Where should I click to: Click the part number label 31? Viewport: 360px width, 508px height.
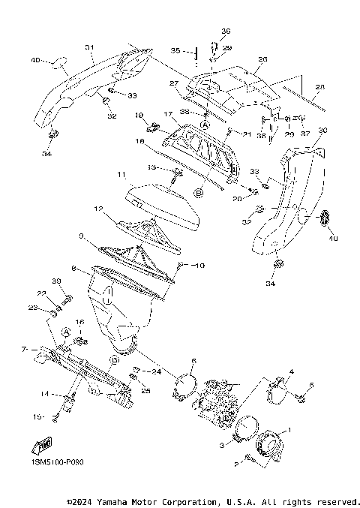[x=89, y=47]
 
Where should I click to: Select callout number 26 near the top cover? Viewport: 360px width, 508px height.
[x=262, y=59]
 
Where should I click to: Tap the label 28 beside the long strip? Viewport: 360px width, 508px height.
[x=319, y=88]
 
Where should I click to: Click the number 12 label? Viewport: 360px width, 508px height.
[x=97, y=208]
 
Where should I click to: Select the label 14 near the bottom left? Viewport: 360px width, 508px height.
[x=45, y=393]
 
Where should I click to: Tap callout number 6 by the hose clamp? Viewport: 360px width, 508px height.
[x=193, y=361]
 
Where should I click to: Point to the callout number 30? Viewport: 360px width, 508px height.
[x=323, y=131]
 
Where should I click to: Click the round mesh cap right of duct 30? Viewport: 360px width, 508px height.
[x=325, y=218]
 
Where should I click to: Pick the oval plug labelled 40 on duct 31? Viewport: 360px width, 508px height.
[x=58, y=62]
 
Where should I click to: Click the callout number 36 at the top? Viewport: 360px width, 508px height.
[x=226, y=31]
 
